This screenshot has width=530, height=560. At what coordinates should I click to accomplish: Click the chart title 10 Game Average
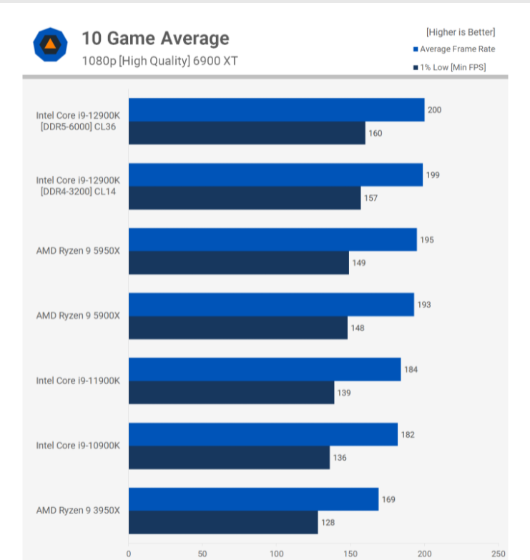coord(155,38)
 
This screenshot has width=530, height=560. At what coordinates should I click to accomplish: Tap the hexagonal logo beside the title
coord(50,45)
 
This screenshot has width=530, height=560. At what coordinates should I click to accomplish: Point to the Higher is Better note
coord(461,31)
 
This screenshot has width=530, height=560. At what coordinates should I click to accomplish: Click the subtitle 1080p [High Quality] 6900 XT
coord(160,61)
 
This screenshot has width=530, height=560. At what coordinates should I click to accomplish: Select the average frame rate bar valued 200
coord(276,109)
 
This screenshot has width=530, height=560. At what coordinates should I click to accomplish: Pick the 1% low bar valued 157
coord(245,198)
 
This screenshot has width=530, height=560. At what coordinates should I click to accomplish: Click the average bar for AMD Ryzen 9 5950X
coord(273,240)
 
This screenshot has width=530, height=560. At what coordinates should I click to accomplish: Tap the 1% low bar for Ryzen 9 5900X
coord(238,328)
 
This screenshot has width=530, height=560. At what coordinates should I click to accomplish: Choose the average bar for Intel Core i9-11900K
coord(265,369)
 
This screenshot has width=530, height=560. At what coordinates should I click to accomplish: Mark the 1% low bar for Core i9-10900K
coord(229,458)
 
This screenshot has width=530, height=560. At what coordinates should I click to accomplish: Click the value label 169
coord(388,500)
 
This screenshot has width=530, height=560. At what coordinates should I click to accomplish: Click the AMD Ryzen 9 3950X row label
coord(78,510)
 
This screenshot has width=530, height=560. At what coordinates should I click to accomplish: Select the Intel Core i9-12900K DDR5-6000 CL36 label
coord(78,121)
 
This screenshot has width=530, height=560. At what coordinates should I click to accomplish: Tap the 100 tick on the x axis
coord(277,554)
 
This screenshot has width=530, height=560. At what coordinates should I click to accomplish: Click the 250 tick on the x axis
coord(499,554)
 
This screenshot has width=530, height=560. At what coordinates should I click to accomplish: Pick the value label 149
coord(359,263)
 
